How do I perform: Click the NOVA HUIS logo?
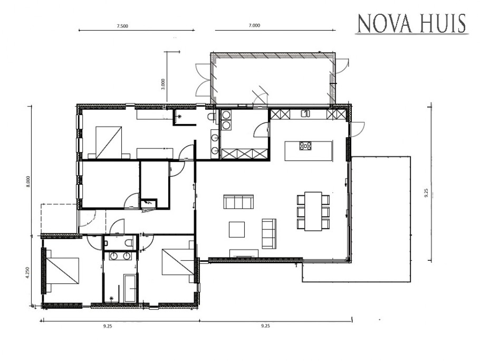(x=411, y=24)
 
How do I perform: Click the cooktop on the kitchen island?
(x=305, y=146)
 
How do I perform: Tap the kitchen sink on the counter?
(x=305, y=113)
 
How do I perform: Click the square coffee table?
(x=236, y=230)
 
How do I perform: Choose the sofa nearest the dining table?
(x=269, y=233)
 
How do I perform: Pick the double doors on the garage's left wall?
(x=203, y=79)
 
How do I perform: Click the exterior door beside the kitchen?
(x=357, y=128)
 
